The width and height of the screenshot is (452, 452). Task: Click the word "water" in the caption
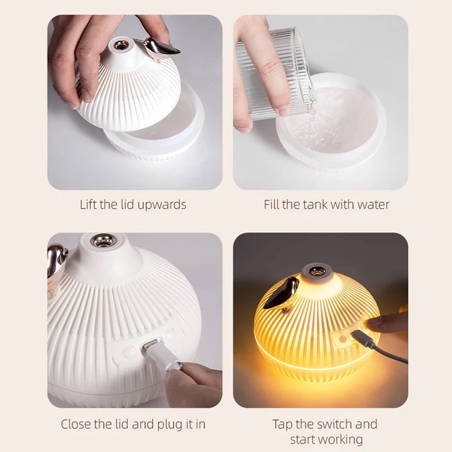pos(373,205)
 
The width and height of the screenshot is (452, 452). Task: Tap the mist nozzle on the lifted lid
pos(119,44)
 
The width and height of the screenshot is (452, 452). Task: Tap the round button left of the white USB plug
pos(128,351)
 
